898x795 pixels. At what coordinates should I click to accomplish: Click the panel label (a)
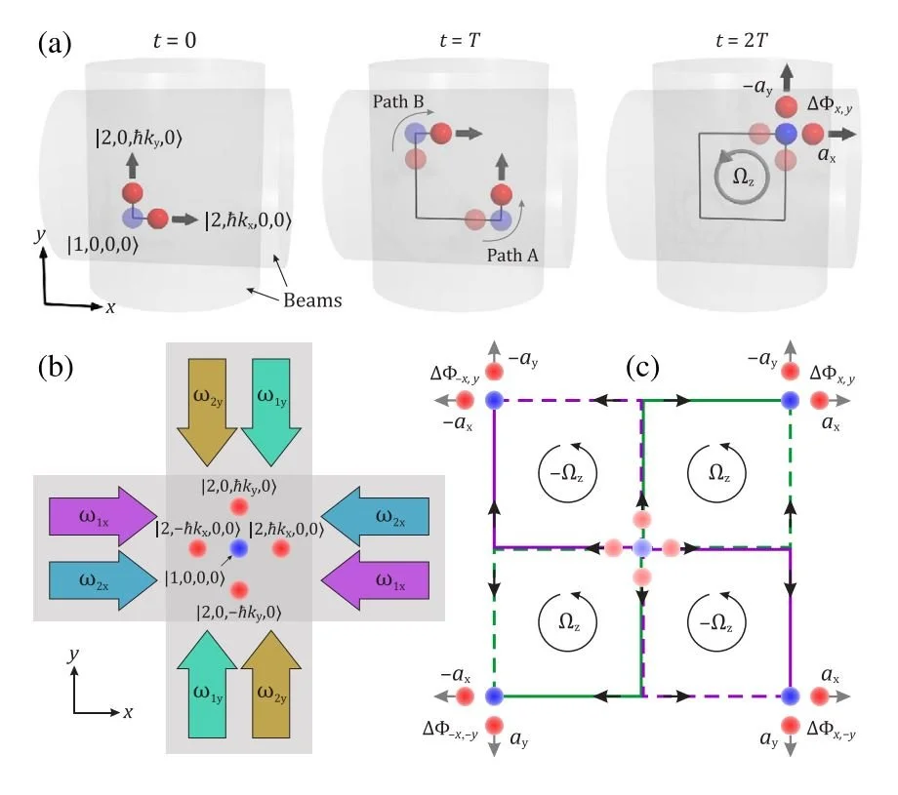[55, 44]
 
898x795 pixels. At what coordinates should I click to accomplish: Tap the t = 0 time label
[175, 41]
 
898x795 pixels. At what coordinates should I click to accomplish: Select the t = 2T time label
[741, 41]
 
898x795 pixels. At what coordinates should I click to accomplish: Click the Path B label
[398, 101]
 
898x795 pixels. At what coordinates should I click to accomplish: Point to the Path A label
[512, 256]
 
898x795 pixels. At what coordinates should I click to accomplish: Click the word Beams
[312, 300]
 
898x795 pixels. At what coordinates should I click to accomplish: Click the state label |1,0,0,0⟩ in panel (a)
[103, 245]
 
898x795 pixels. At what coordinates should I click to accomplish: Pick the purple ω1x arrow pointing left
[375, 580]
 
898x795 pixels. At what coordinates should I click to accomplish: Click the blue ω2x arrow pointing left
[375, 517]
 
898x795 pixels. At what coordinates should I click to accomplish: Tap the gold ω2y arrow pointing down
[207, 412]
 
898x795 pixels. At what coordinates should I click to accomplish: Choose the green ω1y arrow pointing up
[207, 684]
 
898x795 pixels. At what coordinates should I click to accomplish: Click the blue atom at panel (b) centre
[239, 548]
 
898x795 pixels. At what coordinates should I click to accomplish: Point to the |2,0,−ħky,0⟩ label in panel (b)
[239, 613]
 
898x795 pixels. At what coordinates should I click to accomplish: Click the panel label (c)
[642, 367]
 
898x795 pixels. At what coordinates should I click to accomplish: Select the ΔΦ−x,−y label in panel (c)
[450, 730]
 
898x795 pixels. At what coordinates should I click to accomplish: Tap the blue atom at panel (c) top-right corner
[791, 400]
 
